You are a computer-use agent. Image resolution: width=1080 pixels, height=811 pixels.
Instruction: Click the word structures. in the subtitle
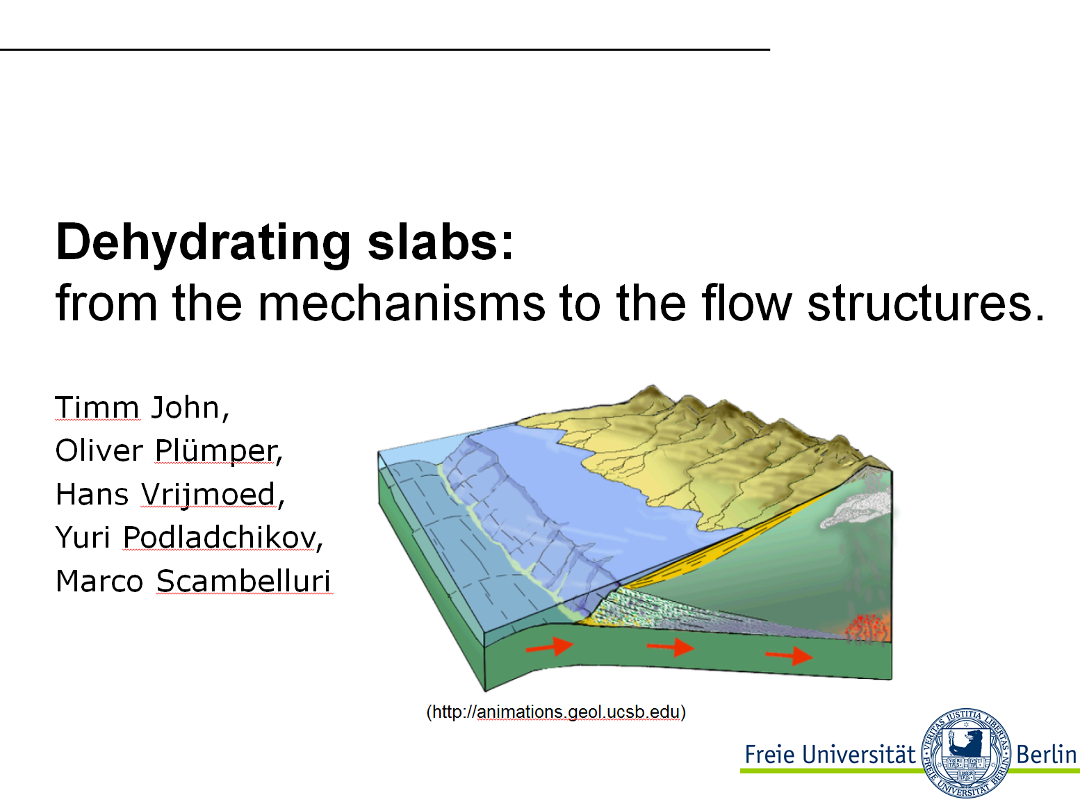tap(926, 304)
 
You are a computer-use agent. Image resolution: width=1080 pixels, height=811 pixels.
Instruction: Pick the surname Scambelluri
tap(243, 581)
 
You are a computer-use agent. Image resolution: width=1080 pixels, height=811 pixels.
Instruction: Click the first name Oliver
tap(99, 450)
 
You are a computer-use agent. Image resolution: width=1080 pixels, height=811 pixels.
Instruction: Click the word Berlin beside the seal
tap(1046, 755)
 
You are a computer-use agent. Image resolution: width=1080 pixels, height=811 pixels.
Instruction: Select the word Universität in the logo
tap(858, 755)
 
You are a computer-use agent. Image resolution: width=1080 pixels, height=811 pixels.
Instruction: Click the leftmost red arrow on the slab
tap(550, 646)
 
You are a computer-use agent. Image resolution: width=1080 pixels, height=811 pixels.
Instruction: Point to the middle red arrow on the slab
tap(670, 647)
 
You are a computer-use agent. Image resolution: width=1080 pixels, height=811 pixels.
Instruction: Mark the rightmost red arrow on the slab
tap(789, 655)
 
